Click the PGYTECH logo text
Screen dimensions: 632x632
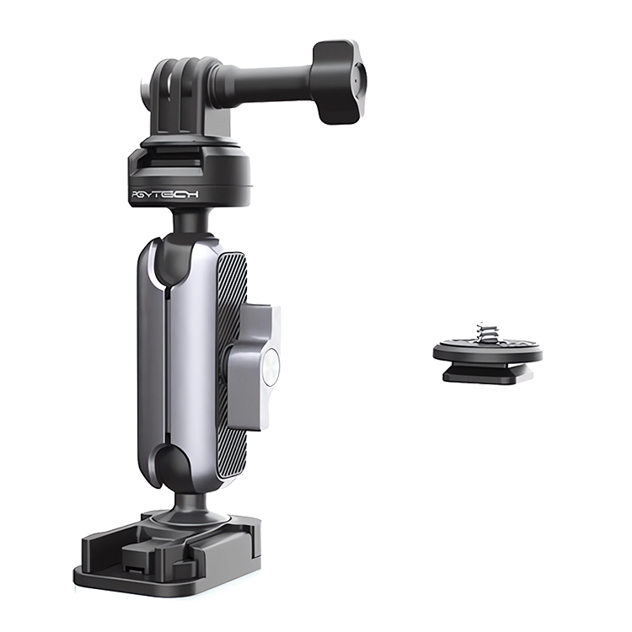(x=165, y=195)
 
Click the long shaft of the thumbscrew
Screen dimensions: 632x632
(x=267, y=83)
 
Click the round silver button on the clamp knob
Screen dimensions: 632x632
(x=272, y=366)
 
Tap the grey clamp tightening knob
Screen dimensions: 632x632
(x=253, y=367)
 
